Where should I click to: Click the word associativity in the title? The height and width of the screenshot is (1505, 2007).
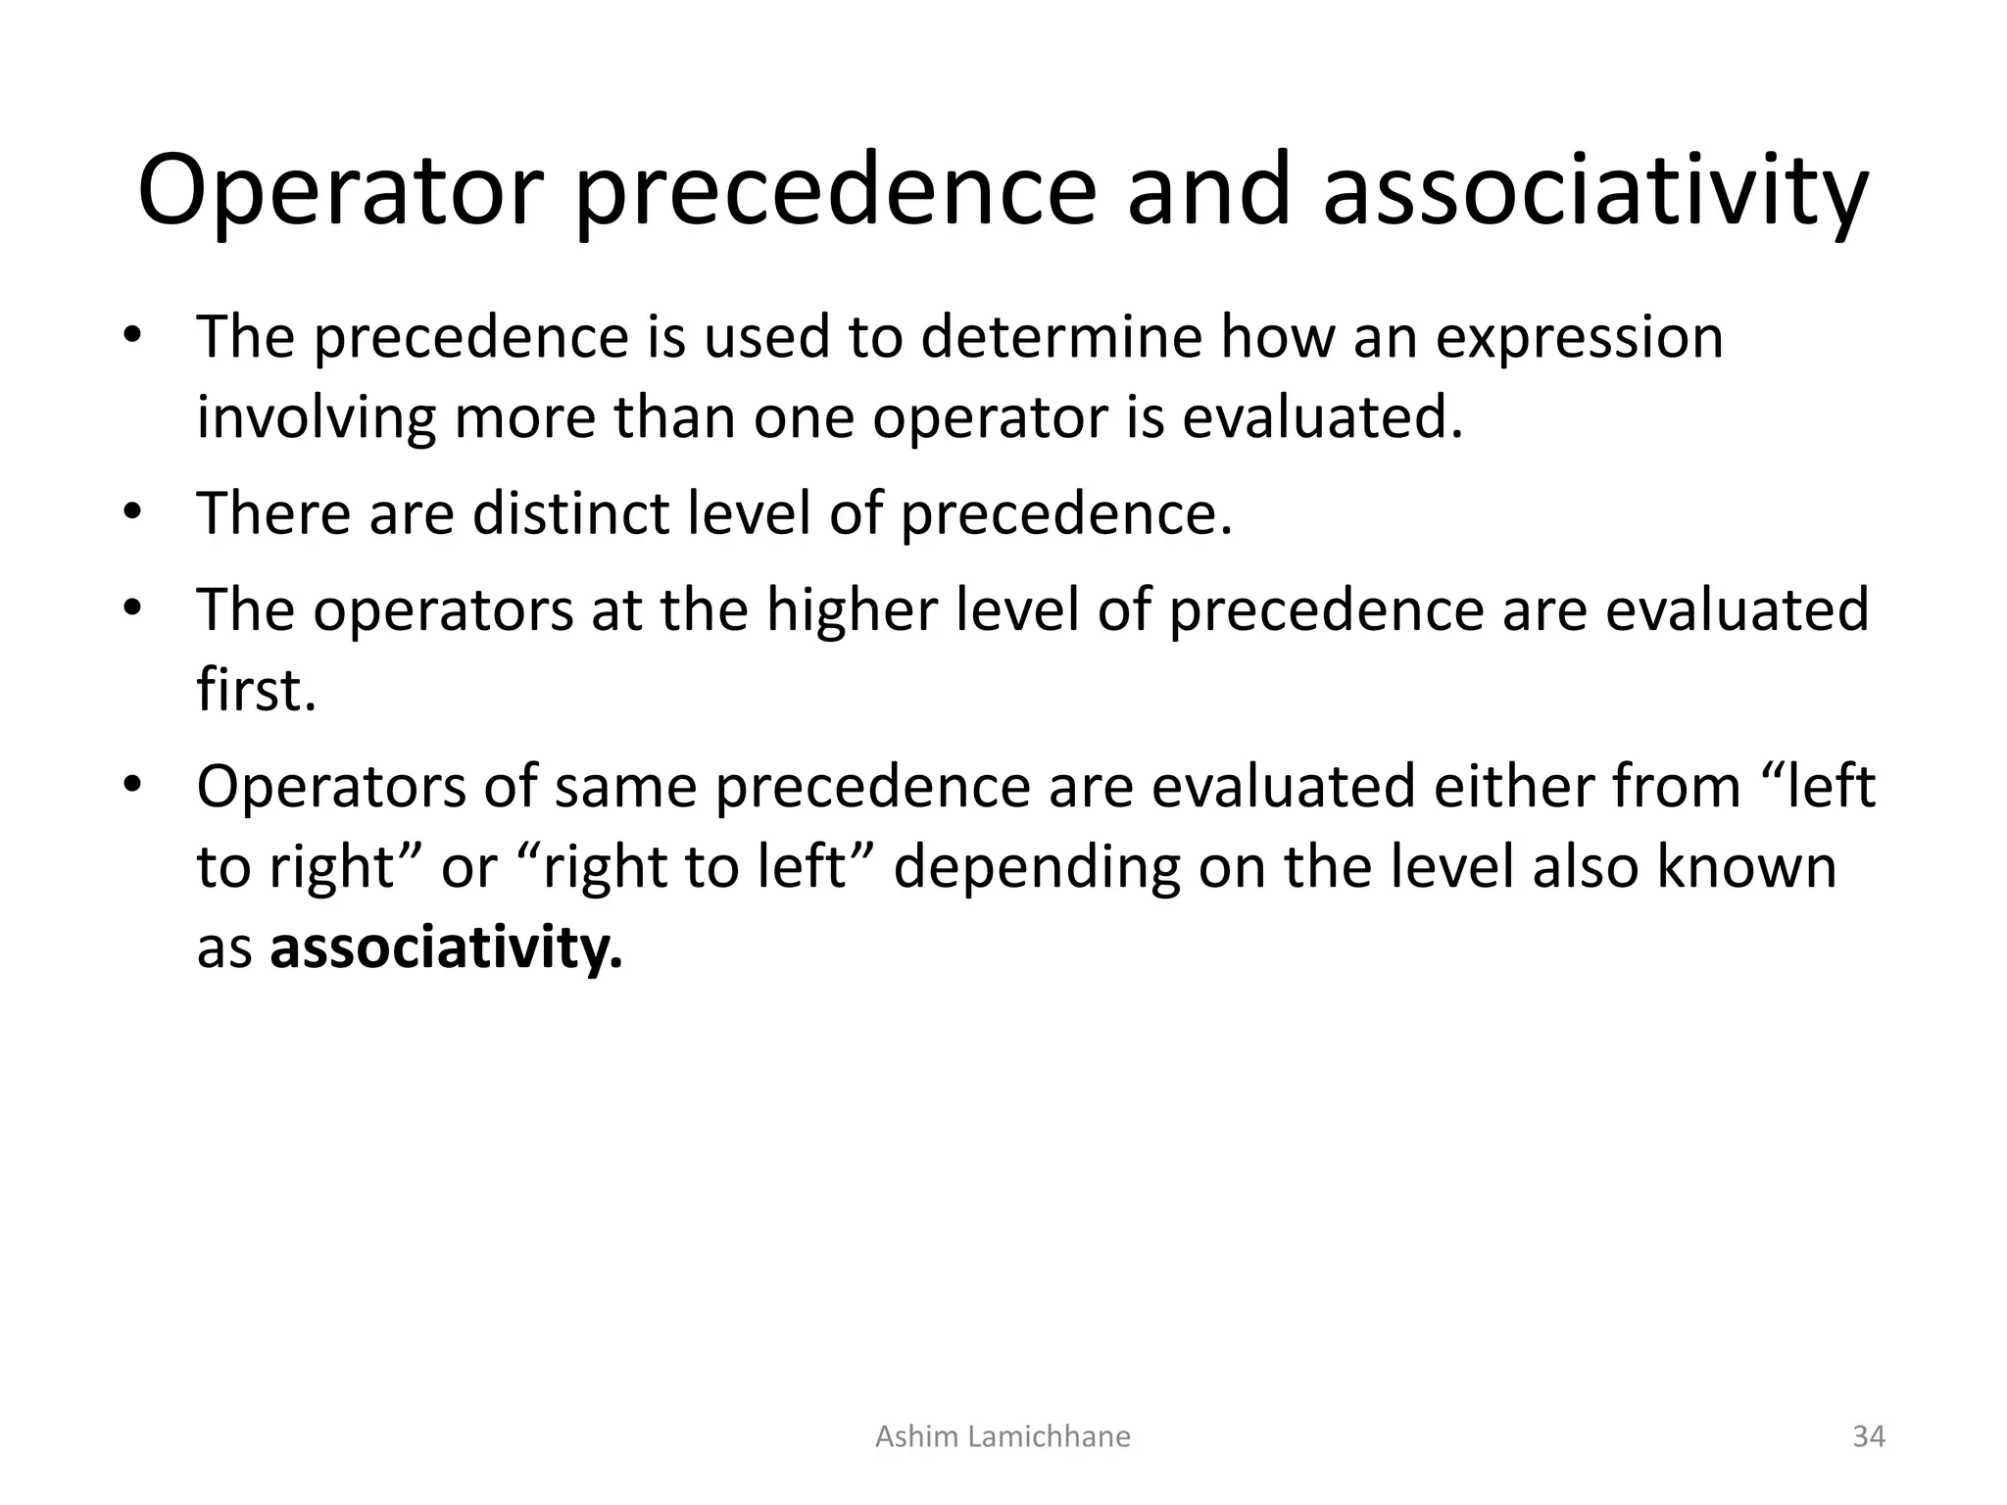[x=1594, y=191]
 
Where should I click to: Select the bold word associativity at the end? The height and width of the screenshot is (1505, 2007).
[x=446, y=947]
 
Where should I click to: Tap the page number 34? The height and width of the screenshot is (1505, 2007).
[x=1869, y=1436]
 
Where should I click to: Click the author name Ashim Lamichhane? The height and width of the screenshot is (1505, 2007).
[x=1003, y=1436]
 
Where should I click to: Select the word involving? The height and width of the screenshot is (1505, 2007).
[x=316, y=418]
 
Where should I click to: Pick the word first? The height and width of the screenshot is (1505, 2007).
[x=256, y=690]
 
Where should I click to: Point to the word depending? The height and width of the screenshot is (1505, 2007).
[x=1037, y=868]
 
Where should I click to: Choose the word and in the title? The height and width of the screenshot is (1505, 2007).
[x=1208, y=191]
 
